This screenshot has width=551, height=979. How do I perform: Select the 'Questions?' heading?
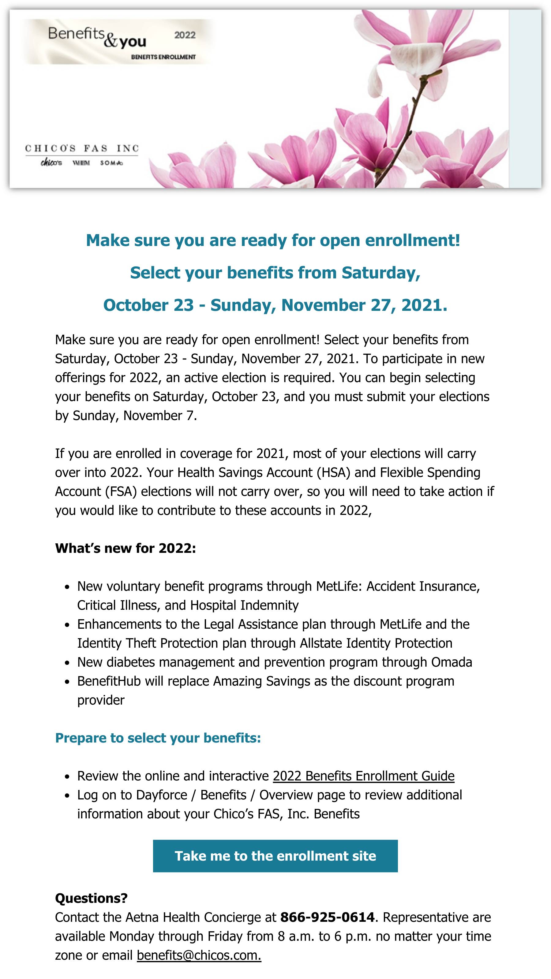coord(91,898)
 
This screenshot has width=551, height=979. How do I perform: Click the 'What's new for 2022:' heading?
coord(125,548)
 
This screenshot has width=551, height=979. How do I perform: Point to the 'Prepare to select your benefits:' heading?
coord(158,738)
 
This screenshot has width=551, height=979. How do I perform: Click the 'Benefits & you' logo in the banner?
coord(97,38)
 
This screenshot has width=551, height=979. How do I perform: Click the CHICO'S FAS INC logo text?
coord(82,148)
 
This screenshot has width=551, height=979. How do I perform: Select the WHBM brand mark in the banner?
coord(81,163)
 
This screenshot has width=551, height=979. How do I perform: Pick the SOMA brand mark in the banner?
coord(111,163)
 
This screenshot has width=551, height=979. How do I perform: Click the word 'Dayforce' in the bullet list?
coord(162,795)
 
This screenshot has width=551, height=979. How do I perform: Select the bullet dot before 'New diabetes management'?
coord(67,663)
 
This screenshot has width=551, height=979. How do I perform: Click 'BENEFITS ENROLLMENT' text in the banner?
coord(163,57)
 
